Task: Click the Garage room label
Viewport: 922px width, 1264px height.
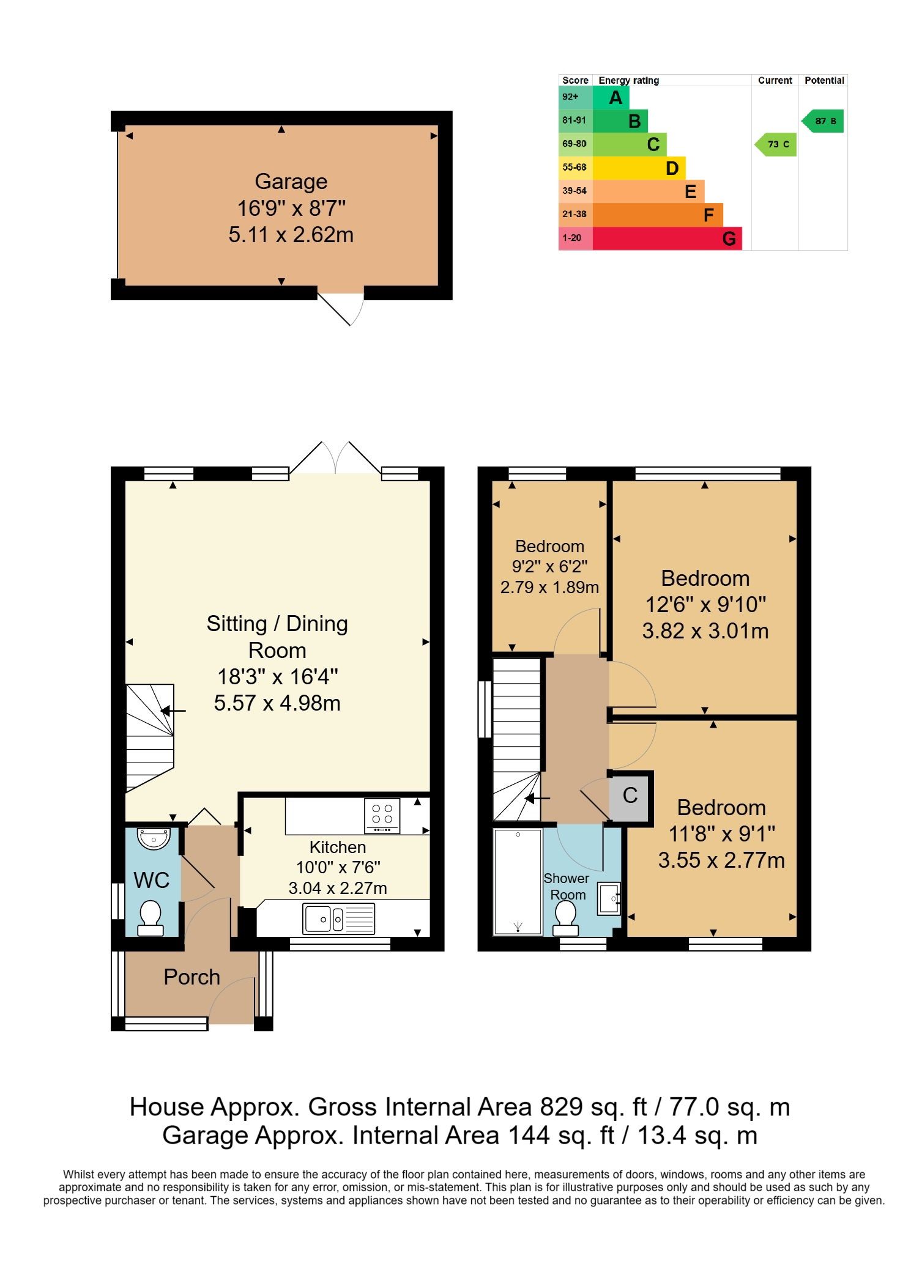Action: [291, 182]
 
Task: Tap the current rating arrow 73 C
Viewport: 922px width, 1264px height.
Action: [775, 144]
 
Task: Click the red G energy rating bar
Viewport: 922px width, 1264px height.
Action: [667, 238]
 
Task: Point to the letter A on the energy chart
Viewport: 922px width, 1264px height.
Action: [615, 98]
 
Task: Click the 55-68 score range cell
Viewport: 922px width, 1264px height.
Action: [575, 168]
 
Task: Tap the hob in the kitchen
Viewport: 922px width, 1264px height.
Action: [382, 816]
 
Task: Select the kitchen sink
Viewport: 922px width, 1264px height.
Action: [339, 918]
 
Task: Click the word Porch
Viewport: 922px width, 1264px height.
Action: [191, 977]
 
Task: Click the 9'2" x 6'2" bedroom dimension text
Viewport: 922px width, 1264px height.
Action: [550, 567]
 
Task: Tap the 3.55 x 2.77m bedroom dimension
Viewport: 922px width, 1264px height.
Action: [721, 860]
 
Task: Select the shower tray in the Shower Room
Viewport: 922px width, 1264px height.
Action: [518, 882]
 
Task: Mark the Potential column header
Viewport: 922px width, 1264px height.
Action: [824, 80]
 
